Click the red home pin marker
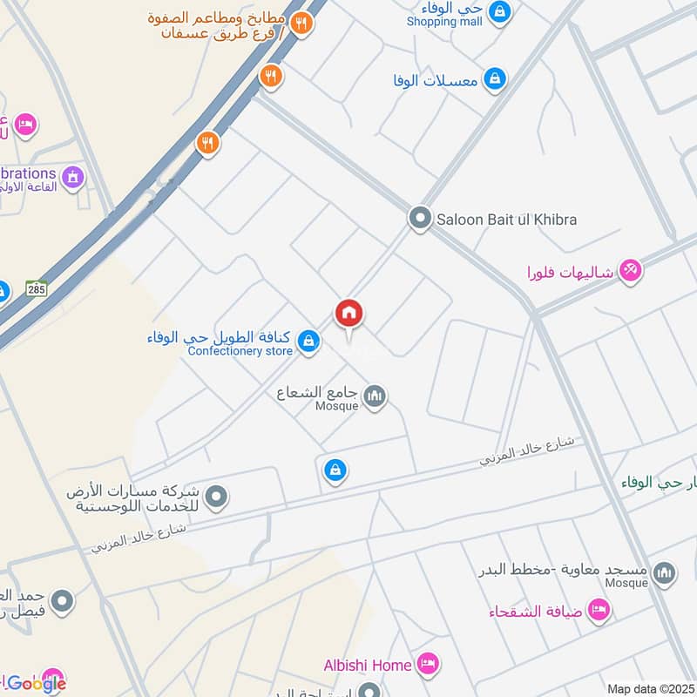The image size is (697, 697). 348,314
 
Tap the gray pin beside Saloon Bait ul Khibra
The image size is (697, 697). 420,219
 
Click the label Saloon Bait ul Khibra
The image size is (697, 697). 507,220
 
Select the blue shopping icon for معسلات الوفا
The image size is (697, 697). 494,79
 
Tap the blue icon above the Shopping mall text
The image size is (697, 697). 499,10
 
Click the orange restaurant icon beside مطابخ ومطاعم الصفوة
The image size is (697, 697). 301,24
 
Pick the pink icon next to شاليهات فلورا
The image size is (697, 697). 631,271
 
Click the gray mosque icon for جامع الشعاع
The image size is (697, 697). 376,396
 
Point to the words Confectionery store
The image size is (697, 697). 240,351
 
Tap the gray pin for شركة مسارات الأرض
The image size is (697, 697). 216,497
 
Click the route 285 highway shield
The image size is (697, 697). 36,288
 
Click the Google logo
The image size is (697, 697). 36,684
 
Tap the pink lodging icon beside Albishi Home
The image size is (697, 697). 427,664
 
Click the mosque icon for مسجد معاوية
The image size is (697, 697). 664,572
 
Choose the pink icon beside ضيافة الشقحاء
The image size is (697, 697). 598,610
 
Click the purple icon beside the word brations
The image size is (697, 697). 73,177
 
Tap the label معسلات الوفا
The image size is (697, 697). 436,80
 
